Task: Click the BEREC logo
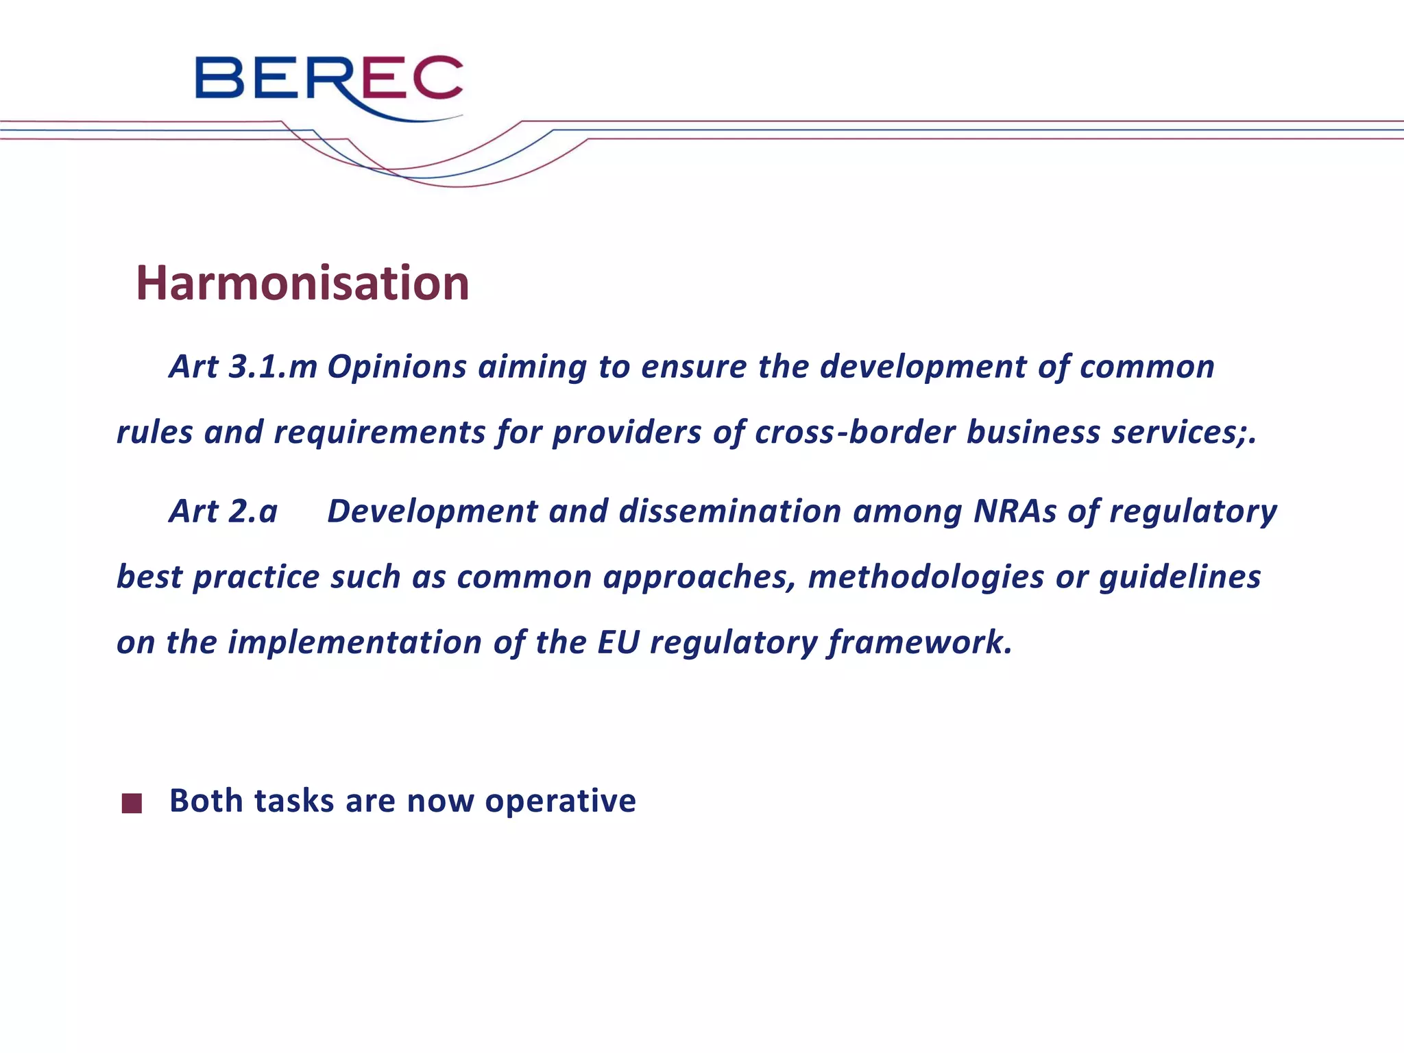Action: tap(329, 85)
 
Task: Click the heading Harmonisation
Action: tap(302, 283)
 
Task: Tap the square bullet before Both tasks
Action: tap(132, 803)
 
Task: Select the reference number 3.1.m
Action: tap(272, 367)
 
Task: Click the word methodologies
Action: tap(925, 577)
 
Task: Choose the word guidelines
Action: tap(1179, 577)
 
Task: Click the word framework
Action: tap(919, 642)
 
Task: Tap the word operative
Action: tap(560, 801)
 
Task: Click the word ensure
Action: tap(693, 367)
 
